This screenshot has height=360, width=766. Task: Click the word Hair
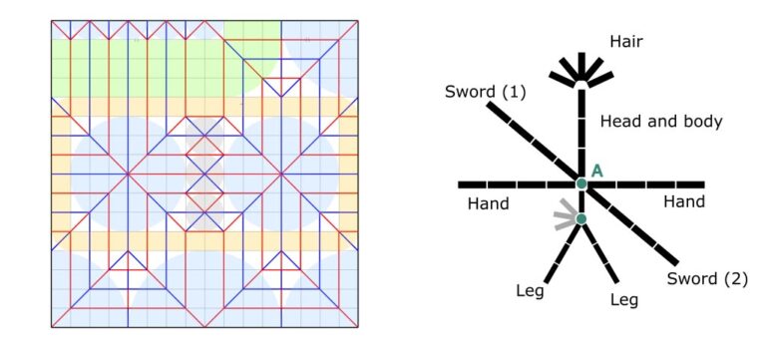(x=625, y=42)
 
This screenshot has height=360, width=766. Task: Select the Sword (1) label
(x=485, y=92)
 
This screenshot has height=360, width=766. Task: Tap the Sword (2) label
(x=707, y=279)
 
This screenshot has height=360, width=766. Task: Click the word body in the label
(x=700, y=122)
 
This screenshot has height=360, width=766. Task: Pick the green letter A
(x=597, y=171)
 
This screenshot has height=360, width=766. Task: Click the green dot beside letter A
(x=581, y=184)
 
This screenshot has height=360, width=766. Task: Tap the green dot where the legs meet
(x=580, y=218)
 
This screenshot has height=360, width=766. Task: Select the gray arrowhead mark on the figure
(x=565, y=214)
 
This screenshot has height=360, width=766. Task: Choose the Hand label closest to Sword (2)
(x=684, y=201)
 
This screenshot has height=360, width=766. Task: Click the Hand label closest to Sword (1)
(x=488, y=203)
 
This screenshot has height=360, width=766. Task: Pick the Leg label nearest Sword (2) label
(x=623, y=299)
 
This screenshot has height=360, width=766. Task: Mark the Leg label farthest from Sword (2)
(x=530, y=291)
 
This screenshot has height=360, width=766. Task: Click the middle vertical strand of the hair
(x=581, y=66)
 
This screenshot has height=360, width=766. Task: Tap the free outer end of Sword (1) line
(x=489, y=104)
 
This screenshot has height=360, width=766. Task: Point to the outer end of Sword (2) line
(x=676, y=263)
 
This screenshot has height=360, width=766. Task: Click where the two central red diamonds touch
(x=204, y=174)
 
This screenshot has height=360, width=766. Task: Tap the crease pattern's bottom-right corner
(x=358, y=327)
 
